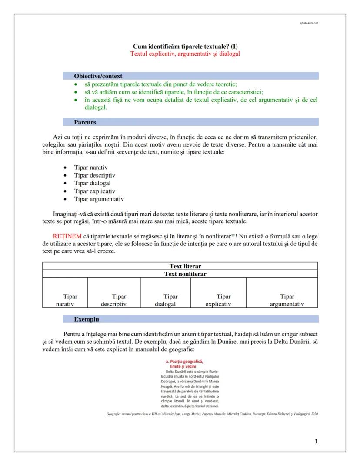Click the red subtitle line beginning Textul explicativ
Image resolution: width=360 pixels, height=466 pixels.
pos(185,54)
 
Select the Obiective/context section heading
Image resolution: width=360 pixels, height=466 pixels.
pos(98,76)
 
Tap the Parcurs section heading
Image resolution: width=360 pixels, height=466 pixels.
pos(85,122)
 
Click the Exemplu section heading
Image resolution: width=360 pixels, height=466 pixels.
pos(86,319)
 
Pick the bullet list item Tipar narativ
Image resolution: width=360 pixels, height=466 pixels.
pos(90,167)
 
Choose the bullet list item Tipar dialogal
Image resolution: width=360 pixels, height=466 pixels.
pos(92,183)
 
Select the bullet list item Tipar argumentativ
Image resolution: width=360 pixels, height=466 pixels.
pos(99,199)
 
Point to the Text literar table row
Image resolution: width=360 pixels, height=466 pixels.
pos(185,266)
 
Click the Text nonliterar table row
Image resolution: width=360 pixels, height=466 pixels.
pos(185,274)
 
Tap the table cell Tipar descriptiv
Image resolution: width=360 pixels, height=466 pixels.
pos(113,300)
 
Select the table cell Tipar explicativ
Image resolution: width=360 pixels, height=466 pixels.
pos(218,300)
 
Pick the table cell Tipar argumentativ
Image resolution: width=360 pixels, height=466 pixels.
pos(287,300)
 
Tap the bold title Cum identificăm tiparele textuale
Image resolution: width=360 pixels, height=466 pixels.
pos(185,47)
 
